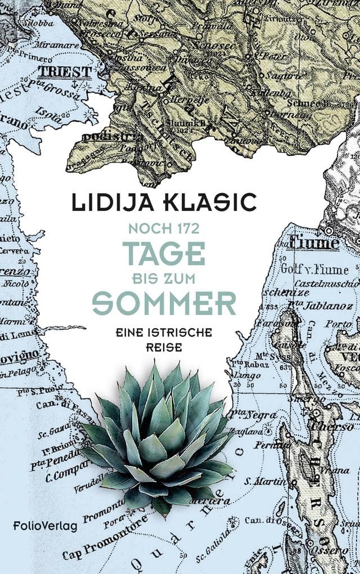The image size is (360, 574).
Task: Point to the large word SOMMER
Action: pos(164,303)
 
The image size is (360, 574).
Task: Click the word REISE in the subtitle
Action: pos(163,348)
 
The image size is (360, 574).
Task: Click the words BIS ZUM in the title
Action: pos(163,278)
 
